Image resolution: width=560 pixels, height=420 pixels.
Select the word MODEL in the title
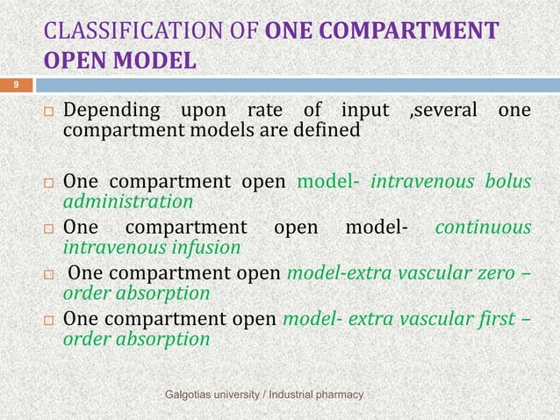point(157,63)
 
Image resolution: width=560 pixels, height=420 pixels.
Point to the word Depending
point(113,112)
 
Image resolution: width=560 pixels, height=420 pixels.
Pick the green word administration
point(128,201)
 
